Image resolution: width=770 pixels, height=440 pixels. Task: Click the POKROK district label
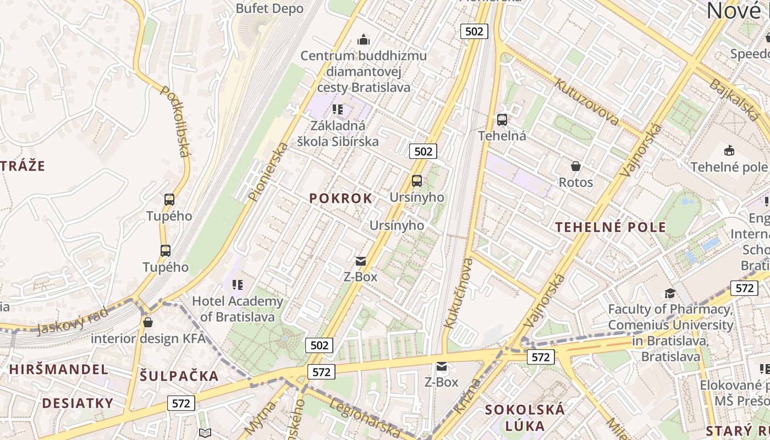coord(340,199)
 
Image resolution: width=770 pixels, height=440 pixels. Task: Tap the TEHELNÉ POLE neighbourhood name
coord(610,227)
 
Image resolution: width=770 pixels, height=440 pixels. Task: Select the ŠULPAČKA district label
coord(179,376)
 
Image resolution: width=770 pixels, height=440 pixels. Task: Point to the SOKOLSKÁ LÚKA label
coord(525,417)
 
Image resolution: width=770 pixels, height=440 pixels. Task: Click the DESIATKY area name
coord(78,403)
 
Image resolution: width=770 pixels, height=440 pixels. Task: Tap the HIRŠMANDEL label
coord(58,369)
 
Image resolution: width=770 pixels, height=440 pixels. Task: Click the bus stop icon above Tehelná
coord(502,119)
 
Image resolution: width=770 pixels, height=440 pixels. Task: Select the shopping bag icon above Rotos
coord(576,166)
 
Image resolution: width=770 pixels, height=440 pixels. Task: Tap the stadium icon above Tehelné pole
coord(729,150)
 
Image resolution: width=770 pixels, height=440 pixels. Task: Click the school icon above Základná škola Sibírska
coord(338,109)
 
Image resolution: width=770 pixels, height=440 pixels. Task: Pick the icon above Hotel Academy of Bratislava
coord(237,284)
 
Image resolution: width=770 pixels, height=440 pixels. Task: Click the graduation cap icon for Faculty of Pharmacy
coord(670,293)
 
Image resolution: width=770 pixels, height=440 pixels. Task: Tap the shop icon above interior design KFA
coord(147,322)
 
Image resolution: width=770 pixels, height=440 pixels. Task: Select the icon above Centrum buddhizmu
coord(363,40)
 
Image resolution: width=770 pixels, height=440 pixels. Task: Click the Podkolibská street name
coord(175,120)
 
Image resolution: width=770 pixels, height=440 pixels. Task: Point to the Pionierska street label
coord(269,171)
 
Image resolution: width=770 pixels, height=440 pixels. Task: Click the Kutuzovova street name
coord(587,101)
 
